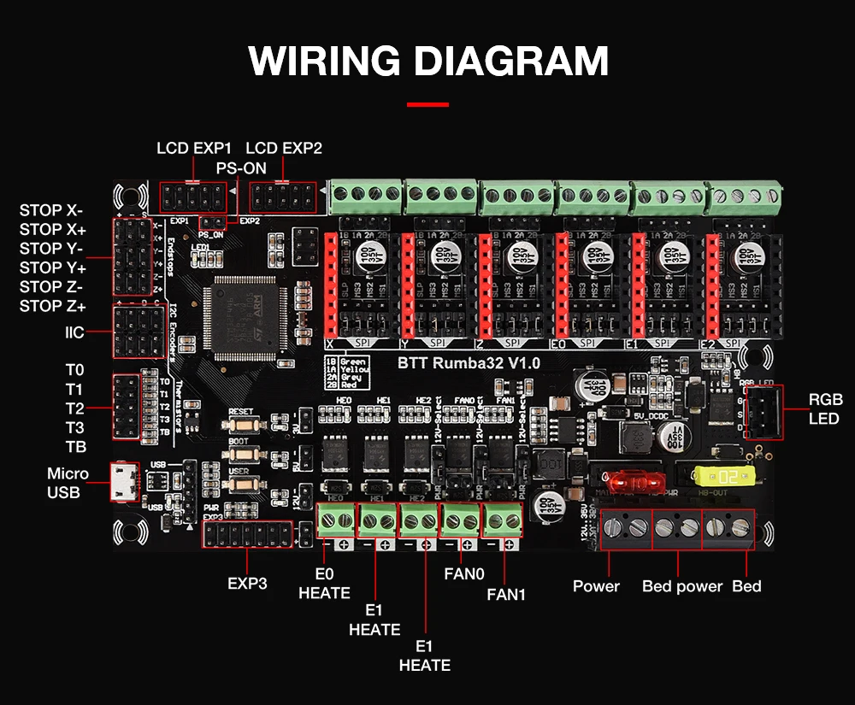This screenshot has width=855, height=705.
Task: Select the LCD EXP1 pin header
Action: tap(193, 197)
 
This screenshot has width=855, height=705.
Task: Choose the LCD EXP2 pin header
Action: tap(283, 197)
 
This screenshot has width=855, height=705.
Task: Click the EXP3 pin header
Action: tap(248, 535)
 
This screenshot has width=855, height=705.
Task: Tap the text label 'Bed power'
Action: tap(682, 586)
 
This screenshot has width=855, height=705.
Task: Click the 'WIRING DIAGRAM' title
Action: tap(428, 62)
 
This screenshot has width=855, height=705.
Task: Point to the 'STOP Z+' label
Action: tap(53, 306)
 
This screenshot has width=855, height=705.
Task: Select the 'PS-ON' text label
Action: tap(241, 168)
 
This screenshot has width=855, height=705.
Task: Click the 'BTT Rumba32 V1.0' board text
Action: tap(469, 362)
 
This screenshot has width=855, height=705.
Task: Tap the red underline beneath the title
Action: tap(427, 104)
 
